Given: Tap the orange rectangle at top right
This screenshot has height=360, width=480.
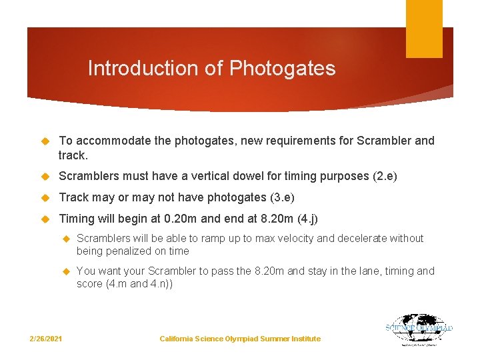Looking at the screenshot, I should coord(424,29).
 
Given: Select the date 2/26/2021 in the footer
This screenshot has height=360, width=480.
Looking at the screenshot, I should coord(46,339).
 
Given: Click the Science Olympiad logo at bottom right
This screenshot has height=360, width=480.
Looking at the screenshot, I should coord(419,330).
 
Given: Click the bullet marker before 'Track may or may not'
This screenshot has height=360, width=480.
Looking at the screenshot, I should coord(46,198).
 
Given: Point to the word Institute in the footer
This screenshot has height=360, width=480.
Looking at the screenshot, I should coord(304,339).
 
